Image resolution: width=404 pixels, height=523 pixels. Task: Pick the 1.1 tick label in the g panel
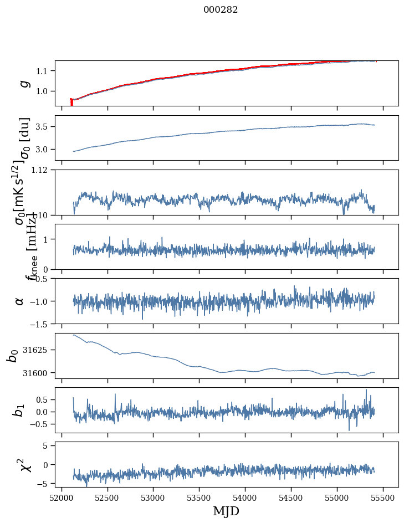tap(43, 71)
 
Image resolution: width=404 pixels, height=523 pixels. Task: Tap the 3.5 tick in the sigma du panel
tap(43, 127)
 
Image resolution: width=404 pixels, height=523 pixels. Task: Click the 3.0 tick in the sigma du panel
tap(43, 150)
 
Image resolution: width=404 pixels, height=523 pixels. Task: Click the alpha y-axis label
tap(20, 301)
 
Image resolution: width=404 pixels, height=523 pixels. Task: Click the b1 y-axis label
tap(20, 411)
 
